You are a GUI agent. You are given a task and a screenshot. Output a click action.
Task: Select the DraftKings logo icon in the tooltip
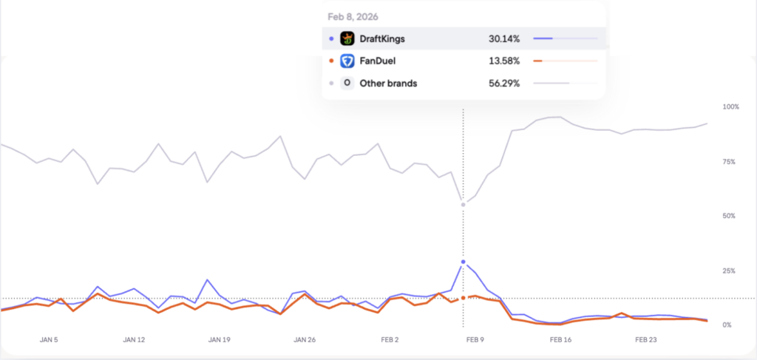pyautogui.click(x=347, y=38)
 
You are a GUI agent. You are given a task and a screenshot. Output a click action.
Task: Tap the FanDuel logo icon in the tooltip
pyautogui.click(x=347, y=61)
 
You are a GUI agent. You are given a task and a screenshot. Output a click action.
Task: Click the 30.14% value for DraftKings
pyautogui.click(x=503, y=38)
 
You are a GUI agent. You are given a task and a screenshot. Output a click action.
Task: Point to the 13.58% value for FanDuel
pyautogui.click(x=503, y=61)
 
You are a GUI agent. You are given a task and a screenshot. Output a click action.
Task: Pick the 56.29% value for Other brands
pyautogui.click(x=503, y=84)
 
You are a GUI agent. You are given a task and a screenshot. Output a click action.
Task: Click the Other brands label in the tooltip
pyautogui.click(x=388, y=84)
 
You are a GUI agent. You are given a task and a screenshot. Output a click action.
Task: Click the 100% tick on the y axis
pyautogui.click(x=730, y=107)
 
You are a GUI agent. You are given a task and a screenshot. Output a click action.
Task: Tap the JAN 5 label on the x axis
pyautogui.click(x=48, y=341)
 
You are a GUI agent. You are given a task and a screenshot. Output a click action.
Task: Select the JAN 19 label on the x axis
pyautogui.click(x=220, y=341)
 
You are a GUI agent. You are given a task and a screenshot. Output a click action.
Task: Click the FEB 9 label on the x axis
pyautogui.click(x=475, y=341)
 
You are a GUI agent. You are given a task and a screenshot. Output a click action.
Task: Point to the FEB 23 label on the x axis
pyautogui.click(x=646, y=341)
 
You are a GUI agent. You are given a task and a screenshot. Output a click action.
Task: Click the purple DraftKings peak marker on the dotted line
pyautogui.click(x=464, y=262)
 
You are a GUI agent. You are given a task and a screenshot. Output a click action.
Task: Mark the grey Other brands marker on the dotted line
pyautogui.click(x=464, y=205)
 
